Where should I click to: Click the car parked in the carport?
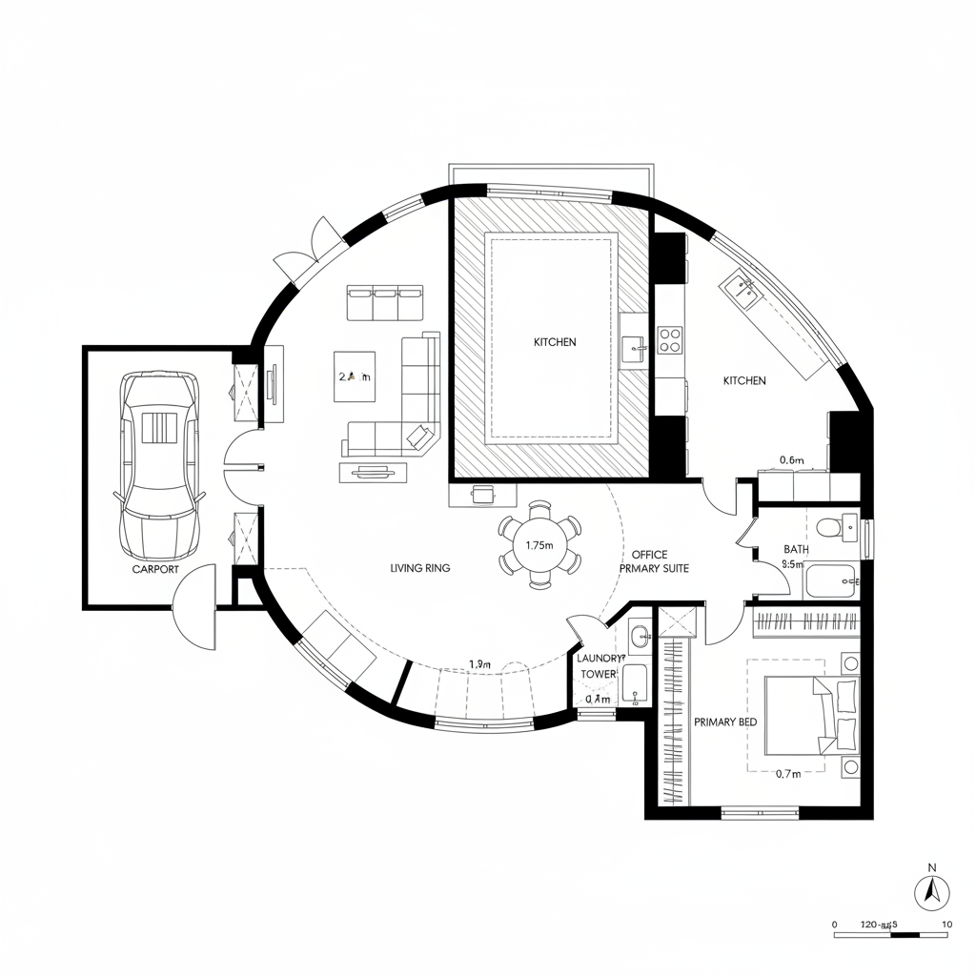coord(158,466)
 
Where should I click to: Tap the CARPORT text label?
coord(155,569)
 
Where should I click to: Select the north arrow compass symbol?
coord(932,892)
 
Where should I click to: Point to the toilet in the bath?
coord(828,525)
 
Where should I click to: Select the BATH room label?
coord(796,549)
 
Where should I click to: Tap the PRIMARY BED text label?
coord(725,722)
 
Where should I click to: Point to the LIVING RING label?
coord(420,568)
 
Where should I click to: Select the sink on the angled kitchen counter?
coord(742,287)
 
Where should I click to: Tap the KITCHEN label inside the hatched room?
coord(555,342)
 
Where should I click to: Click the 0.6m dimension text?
coord(792,460)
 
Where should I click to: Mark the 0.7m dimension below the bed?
coord(788,774)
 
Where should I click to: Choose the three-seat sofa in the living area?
coord(385,304)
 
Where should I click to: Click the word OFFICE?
coord(649,555)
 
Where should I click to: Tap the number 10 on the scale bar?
coord(945,924)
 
